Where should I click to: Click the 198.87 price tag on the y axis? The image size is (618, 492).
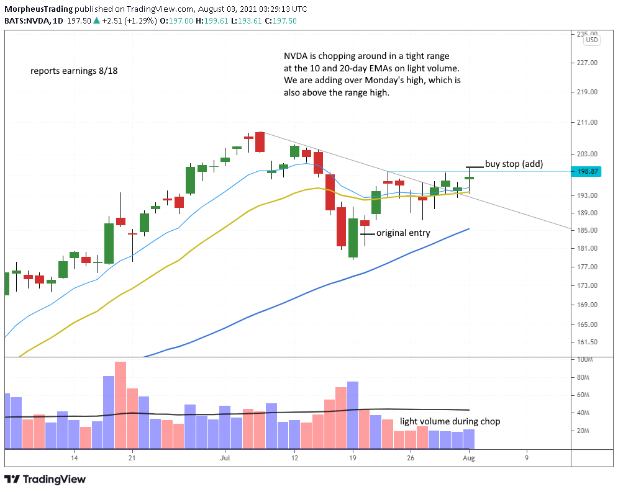(x=587, y=171)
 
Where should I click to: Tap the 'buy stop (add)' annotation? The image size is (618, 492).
(x=514, y=164)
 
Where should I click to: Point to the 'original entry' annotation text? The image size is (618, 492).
(x=403, y=233)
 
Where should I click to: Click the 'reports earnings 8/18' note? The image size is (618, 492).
(x=74, y=71)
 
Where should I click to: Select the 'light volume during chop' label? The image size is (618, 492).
(x=450, y=421)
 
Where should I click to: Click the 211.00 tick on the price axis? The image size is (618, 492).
(x=587, y=122)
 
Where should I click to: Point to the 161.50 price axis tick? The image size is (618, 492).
(x=587, y=342)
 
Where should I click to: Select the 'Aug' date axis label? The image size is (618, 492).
(x=470, y=458)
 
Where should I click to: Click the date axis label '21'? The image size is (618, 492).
(x=131, y=458)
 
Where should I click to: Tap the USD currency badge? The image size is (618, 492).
(x=592, y=40)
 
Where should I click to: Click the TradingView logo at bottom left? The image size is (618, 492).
(x=45, y=479)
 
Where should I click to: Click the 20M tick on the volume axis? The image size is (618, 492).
(x=584, y=431)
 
